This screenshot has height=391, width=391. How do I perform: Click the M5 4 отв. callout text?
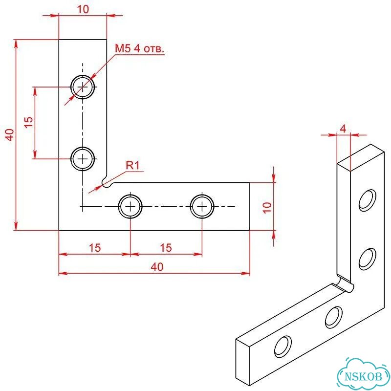[140, 48]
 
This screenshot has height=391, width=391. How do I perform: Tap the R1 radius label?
[132, 165]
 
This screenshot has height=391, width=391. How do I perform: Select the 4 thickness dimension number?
[344, 129]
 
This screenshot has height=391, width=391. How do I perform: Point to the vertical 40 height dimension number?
[10, 135]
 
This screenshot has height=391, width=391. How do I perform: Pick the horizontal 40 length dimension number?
[157, 267]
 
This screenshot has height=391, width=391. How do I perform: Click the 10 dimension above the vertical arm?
[83, 9]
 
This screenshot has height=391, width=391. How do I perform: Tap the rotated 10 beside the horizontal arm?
[267, 207]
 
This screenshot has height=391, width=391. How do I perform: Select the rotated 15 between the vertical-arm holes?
[28, 122]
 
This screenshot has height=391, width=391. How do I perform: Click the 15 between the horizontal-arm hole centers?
[166, 248]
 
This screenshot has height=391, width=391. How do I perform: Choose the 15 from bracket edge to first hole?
[95, 248]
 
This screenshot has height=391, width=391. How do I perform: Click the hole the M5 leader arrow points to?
[83, 87]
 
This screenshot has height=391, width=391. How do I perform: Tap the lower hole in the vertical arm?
[83, 158]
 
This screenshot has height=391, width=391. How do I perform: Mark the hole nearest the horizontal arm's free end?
[202, 206]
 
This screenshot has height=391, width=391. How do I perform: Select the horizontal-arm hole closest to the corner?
[130, 206]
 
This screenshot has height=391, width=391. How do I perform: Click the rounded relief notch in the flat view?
[107, 182]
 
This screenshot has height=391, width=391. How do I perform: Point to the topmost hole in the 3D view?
[368, 200]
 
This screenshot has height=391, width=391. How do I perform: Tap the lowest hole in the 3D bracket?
[283, 347]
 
